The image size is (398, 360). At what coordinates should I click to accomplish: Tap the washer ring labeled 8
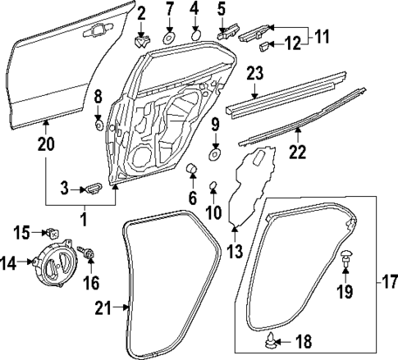(98, 127)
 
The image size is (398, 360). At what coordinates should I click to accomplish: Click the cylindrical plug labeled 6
(194, 171)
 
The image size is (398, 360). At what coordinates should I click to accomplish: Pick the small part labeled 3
(94, 189)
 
